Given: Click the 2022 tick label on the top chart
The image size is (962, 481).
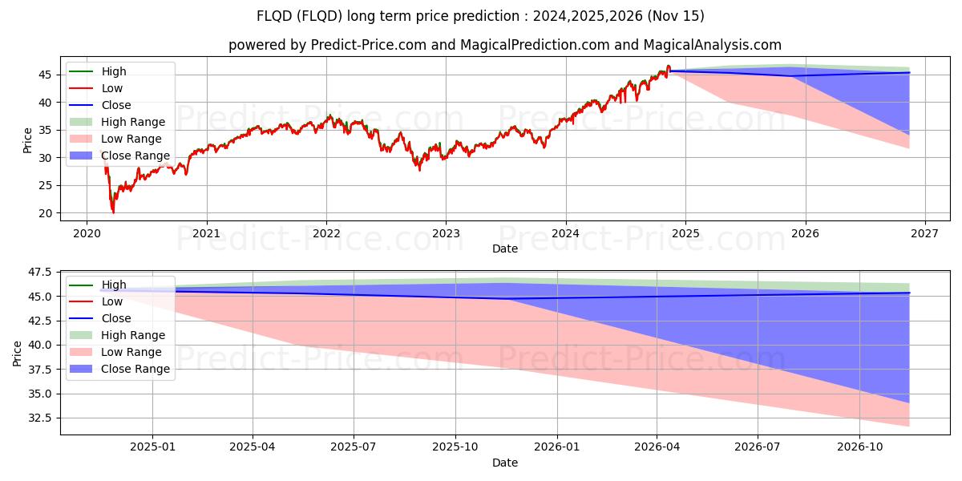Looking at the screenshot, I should coord(326,233).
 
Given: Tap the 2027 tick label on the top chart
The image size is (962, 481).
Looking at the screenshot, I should coord(924,233).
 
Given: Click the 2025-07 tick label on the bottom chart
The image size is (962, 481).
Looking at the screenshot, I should coord(354,447).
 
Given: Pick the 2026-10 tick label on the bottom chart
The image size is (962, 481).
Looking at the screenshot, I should coord(859,447).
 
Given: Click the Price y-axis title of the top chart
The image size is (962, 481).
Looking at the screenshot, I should coord(28,139).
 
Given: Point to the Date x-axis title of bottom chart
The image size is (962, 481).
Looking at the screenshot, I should coord(505,463).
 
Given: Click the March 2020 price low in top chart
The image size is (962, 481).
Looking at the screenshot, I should coord(113,212).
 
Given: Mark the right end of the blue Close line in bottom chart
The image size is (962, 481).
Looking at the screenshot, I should coord(909,293).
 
